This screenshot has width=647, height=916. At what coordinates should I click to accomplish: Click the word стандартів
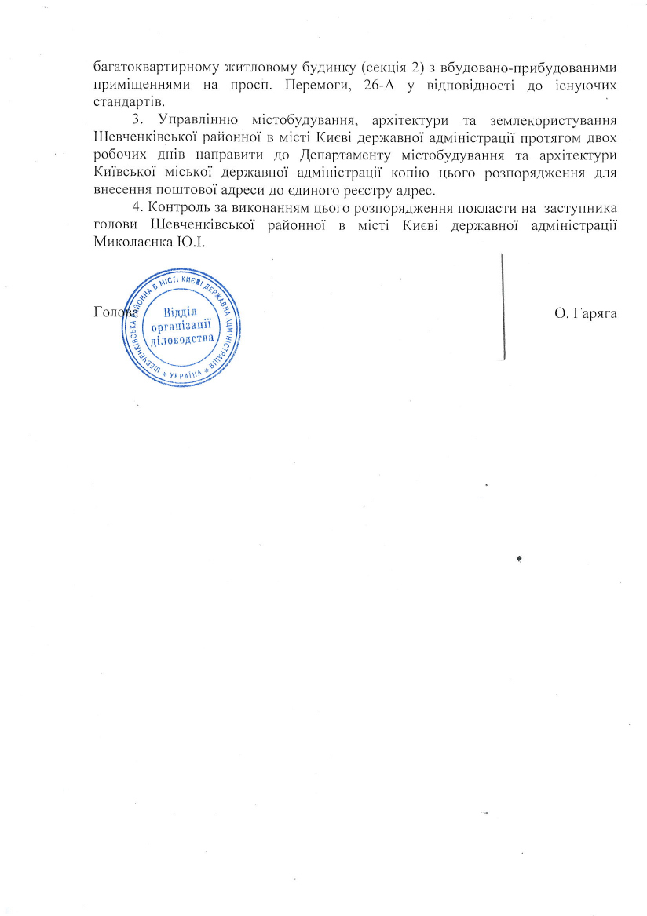tap(126, 102)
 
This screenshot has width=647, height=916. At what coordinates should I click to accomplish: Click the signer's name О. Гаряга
tap(585, 314)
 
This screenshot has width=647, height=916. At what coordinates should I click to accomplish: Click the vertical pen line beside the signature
tap(503, 306)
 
